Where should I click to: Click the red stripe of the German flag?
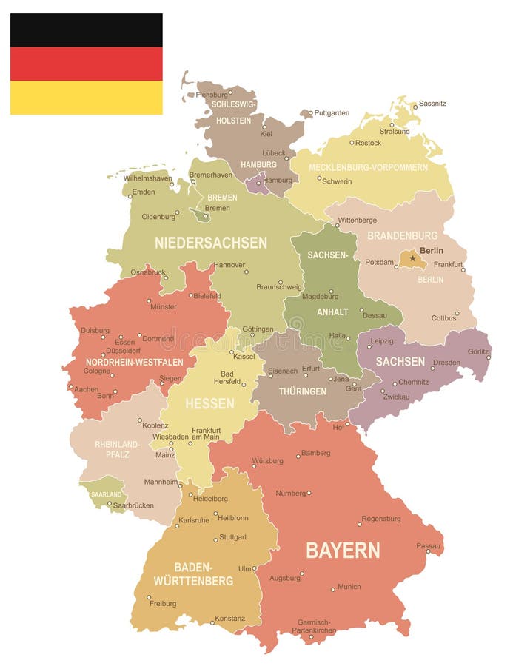click(86, 64)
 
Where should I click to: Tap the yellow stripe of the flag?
click(86, 98)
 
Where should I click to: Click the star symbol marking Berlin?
click(412, 258)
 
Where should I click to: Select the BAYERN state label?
click(343, 550)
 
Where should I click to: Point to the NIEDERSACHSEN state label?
click(211, 243)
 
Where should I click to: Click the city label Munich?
click(349, 587)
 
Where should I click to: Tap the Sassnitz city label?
click(432, 104)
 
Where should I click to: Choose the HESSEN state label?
click(209, 403)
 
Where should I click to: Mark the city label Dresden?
click(446, 363)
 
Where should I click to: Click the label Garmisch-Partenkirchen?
click(315, 627)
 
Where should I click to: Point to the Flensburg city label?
click(212, 95)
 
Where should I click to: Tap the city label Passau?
click(428, 545)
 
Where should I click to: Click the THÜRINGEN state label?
click(302, 391)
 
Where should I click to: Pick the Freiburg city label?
click(163, 603)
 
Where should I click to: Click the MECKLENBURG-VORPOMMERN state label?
click(368, 167)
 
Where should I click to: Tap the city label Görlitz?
click(478, 351)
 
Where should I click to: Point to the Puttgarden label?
click(332, 113)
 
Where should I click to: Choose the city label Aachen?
click(86, 389)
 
